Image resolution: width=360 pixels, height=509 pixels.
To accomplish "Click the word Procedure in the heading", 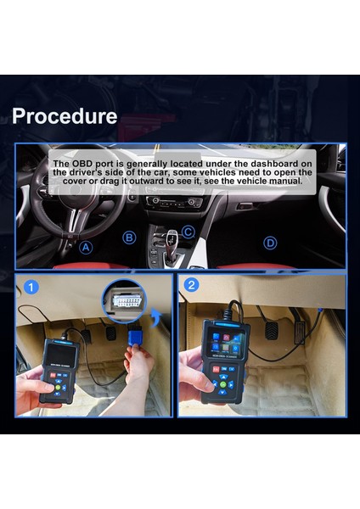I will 65,116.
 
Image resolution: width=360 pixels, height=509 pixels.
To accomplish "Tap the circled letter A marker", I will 86,248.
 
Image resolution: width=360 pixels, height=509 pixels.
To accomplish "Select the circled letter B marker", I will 129,238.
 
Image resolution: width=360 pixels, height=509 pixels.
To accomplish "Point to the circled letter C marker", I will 188,231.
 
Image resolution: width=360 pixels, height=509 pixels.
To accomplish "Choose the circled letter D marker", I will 270,243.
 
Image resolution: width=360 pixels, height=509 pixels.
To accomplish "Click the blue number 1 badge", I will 31,288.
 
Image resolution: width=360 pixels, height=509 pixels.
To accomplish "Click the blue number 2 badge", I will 192,285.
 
